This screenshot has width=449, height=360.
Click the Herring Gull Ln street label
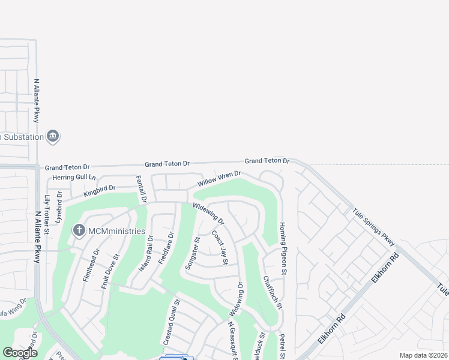tap(74, 178)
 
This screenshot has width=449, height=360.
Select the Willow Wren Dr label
tap(220, 178)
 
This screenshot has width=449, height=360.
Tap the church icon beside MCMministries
tap(79, 230)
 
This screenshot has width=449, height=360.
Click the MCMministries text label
tap(117, 231)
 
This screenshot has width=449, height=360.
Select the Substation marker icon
tap(53, 137)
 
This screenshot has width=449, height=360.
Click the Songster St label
tap(191, 253)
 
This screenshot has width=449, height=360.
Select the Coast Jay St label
tap(220, 248)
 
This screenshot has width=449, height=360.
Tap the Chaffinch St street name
tap(272, 293)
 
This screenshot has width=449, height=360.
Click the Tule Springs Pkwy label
tap(374, 227)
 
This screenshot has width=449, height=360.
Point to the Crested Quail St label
tap(169, 322)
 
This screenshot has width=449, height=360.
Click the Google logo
tap(20, 352)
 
